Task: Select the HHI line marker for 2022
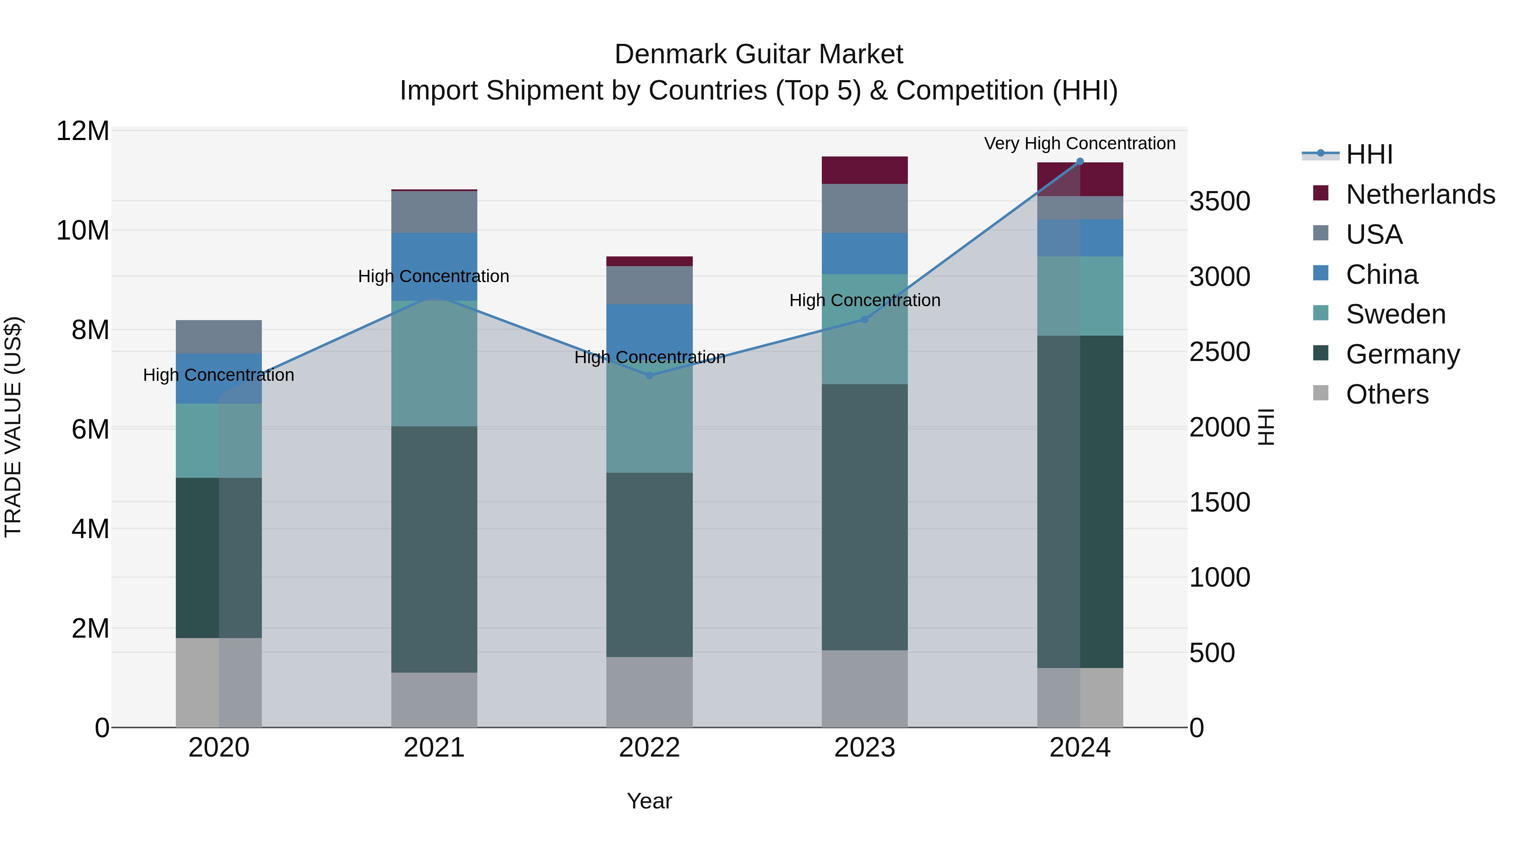click(x=649, y=375)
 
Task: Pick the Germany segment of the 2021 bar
click(x=434, y=549)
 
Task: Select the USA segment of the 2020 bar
click(x=218, y=337)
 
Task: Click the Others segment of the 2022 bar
click(x=649, y=692)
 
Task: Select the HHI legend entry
click(x=1368, y=154)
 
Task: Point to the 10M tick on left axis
click(x=83, y=230)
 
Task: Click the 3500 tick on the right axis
click(x=1219, y=202)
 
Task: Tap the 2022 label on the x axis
click(x=649, y=748)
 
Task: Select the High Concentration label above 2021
click(x=434, y=276)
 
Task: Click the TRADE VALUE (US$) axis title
click(x=13, y=427)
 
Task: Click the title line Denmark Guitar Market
click(x=759, y=54)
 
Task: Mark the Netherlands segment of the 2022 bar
click(x=649, y=261)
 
